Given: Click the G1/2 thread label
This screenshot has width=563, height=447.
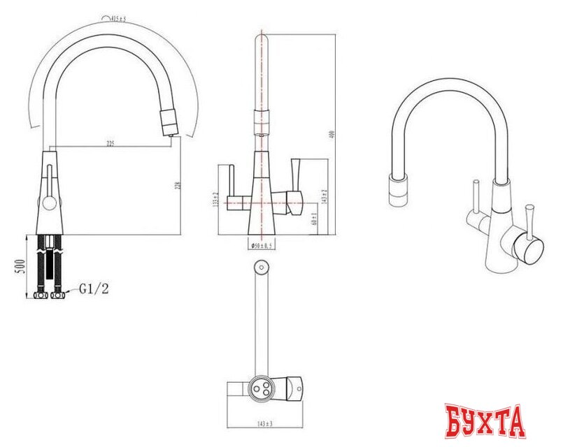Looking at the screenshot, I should click(x=94, y=286).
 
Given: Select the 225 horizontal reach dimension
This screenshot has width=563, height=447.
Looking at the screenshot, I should click(x=111, y=144).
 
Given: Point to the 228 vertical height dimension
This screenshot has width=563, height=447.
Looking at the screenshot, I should click(x=178, y=186).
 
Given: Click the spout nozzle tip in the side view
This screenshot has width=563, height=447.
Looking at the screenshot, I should click(x=169, y=123).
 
